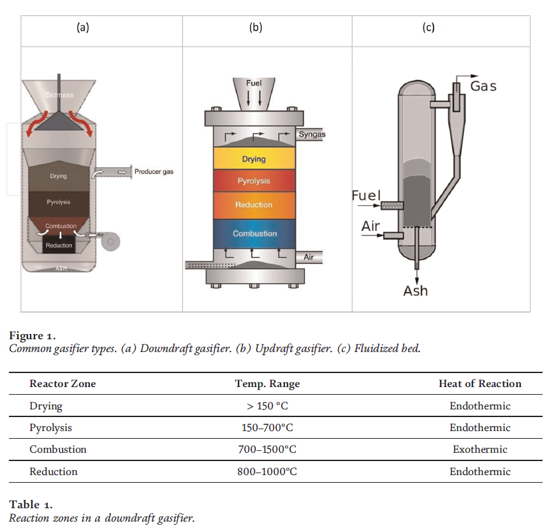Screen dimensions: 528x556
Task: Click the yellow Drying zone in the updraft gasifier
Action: [254, 159]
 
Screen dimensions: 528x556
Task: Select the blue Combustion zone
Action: [254, 233]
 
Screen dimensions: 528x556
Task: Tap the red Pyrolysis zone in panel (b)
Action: [254, 181]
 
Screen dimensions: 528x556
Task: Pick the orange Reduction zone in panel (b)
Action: [254, 205]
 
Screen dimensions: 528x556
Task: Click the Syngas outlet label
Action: [312, 135]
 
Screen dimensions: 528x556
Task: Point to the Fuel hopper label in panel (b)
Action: [254, 84]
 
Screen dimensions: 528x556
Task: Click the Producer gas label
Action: [154, 172]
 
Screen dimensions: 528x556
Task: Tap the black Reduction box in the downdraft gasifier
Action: [59, 246]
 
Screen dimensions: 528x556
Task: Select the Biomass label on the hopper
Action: [59, 95]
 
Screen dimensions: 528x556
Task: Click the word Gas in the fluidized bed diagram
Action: [483, 85]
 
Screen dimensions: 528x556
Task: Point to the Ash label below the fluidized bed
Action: [416, 291]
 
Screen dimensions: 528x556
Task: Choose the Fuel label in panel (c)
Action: [366, 195]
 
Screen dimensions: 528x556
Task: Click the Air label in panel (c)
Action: [370, 226]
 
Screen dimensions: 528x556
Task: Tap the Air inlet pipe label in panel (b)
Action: [309, 257]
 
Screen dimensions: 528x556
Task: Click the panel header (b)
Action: [256, 27]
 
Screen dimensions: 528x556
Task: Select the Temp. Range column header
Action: [267, 384]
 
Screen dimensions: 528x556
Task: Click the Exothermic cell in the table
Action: [479, 450]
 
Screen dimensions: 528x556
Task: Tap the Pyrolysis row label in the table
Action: [51, 428]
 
